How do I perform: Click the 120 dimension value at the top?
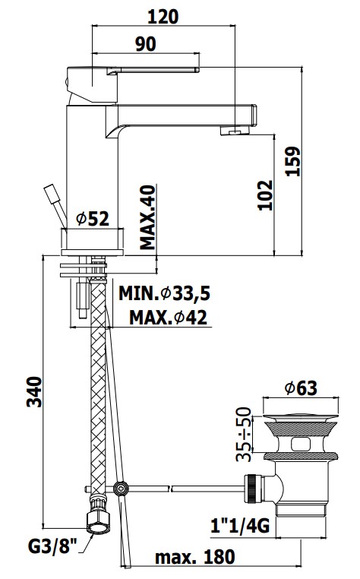[163, 17]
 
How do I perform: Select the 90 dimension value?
[146, 44]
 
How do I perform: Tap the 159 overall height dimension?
[293, 161]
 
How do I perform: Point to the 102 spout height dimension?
[265, 195]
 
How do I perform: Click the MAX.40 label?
[147, 217]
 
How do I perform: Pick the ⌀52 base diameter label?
[93, 219]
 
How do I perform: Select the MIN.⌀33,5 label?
[164, 293]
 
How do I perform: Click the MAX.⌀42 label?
[168, 317]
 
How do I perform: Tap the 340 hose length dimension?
[34, 392]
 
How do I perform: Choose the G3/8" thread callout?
[52, 546]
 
